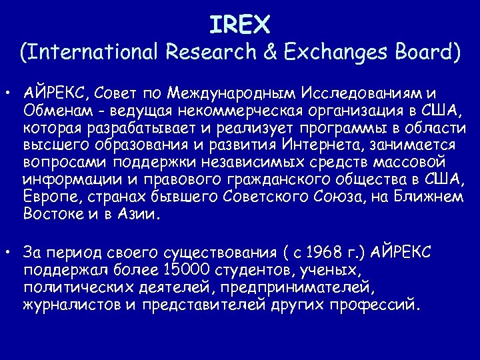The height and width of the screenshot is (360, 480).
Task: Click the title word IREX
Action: point(239,25)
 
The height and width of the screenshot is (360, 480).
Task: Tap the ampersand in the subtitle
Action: point(269,53)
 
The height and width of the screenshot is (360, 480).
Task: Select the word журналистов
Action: point(71,306)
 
